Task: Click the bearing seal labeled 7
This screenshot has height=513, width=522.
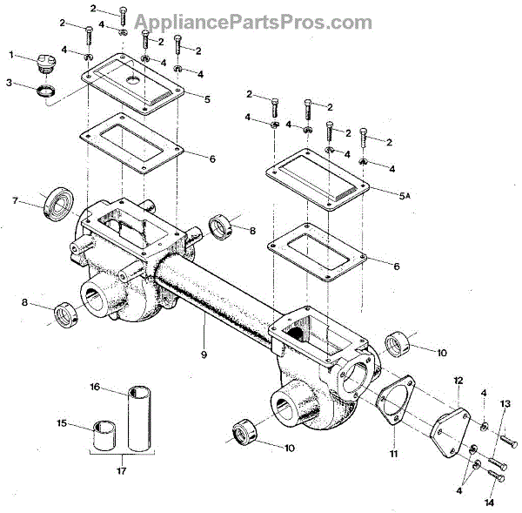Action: [x=59, y=201]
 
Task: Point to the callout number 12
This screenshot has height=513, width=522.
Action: [x=458, y=380]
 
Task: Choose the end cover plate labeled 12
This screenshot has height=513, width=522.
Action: [x=456, y=426]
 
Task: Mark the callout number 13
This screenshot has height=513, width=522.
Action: [x=505, y=403]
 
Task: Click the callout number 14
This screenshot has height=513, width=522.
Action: [x=489, y=503]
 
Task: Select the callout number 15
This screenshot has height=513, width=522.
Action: [x=62, y=423]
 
